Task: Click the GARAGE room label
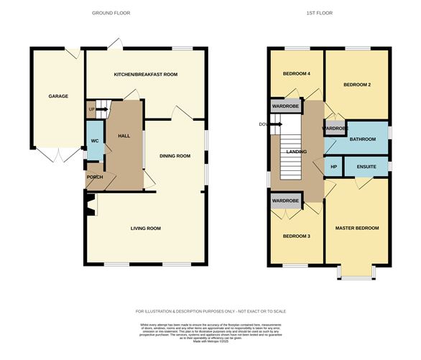(x=57, y=96)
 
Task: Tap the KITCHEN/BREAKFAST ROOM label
(x=146, y=75)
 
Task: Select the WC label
(x=93, y=139)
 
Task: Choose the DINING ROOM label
(x=175, y=156)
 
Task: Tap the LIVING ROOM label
(x=145, y=229)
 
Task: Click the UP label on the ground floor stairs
(x=91, y=110)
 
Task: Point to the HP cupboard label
(x=333, y=166)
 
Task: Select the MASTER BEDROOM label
(x=356, y=228)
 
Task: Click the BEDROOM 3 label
(x=296, y=236)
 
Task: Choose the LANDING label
(x=296, y=152)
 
